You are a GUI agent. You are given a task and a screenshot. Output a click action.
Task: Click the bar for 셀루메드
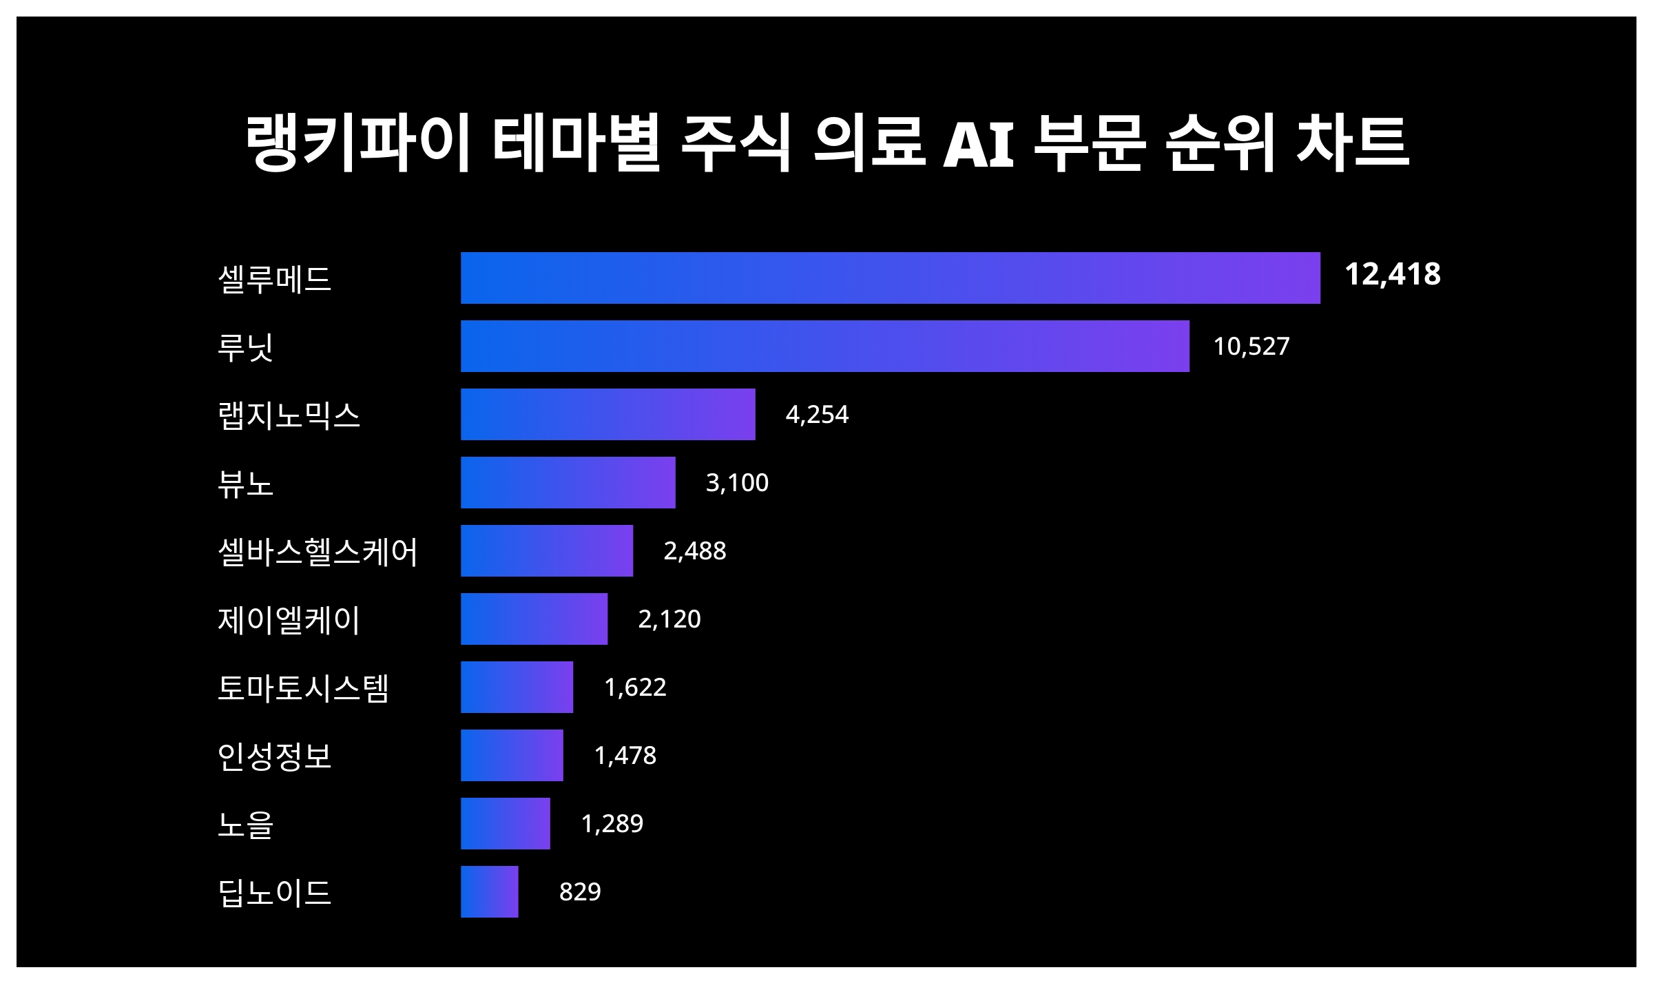pyautogui.click(x=890, y=278)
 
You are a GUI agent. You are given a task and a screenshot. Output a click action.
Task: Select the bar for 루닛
pyautogui.click(x=824, y=346)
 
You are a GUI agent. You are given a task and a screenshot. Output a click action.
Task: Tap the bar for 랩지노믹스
pyautogui.click(x=607, y=414)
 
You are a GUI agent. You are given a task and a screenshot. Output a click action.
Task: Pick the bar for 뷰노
pyautogui.click(x=568, y=482)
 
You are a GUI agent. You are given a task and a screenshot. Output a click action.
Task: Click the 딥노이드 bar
pyautogui.click(x=489, y=891)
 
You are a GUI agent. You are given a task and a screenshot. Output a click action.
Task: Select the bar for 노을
pyautogui.click(x=505, y=823)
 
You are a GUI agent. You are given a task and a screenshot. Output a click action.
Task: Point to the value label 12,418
pyautogui.click(x=1392, y=274)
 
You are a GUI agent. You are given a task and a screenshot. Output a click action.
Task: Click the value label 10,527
pyautogui.click(x=1251, y=346)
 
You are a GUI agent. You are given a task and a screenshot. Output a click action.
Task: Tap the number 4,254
pyautogui.click(x=817, y=414)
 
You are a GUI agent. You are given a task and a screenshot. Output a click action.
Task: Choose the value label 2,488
pyautogui.click(x=694, y=550)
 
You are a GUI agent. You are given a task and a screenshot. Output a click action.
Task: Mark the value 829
pyautogui.click(x=579, y=891)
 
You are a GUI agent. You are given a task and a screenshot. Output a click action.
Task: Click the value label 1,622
pyautogui.click(x=635, y=687)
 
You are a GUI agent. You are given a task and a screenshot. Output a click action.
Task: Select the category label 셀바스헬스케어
pyautogui.click(x=318, y=552)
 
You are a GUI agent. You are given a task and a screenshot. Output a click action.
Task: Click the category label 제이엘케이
pyautogui.click(x=289, y=620)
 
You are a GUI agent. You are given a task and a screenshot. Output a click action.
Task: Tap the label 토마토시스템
pyautogui.click(x=303, y=688)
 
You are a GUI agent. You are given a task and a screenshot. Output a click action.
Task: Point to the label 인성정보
pyautogui.click(x=274, y=756)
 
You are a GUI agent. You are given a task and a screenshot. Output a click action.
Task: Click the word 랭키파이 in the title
pyautogui.click(x=357, y=143)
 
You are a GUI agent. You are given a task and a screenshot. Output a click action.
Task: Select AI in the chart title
pyautogui.click(x=978, y=144)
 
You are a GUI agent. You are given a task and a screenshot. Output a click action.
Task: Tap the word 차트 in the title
pyautogui.click(x=1352, y=143)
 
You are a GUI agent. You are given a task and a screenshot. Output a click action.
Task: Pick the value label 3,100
pyautogui.click(x=736, y=482)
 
